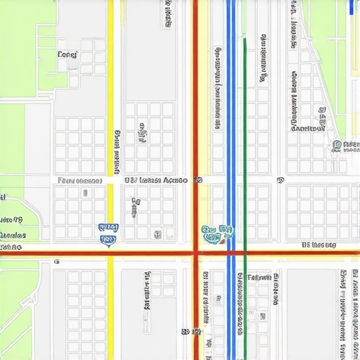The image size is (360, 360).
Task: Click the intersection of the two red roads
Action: pos(195,252)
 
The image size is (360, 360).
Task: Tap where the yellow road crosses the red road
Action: pos(110,252)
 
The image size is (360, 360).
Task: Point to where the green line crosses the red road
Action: pos(245,252)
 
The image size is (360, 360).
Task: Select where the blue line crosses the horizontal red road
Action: pos(230,252)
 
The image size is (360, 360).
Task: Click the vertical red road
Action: pos(195,105)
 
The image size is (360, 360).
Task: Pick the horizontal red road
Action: pos(56,252)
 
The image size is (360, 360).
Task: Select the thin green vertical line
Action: pos(245,141)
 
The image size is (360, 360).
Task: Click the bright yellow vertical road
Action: pos(110,84)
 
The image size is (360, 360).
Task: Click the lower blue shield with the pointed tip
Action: pos(108,240)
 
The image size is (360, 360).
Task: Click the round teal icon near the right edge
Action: pos(337,146)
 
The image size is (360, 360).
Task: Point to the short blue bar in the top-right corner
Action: pos(351,7)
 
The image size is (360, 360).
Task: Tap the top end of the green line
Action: pos(245,39)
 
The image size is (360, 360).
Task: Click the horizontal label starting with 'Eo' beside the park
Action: pos(67,54)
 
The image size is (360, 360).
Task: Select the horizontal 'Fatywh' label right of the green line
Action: pos(259,278)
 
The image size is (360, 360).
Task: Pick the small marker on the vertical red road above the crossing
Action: pos(198,180)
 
